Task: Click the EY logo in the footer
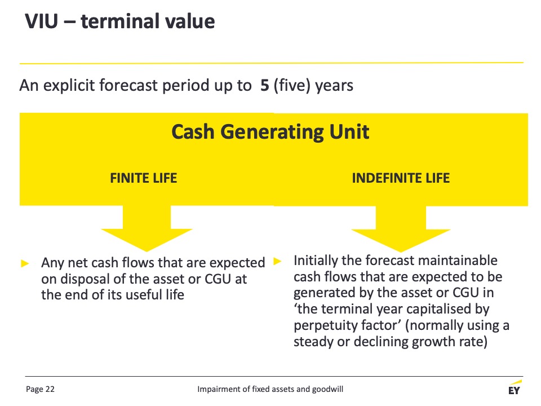515,387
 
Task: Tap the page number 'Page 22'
40,389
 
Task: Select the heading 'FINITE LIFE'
144,178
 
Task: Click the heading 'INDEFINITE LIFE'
401,178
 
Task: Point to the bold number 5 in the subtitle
265,85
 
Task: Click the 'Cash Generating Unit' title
270,132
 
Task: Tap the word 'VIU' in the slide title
41,21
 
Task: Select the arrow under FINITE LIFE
147,228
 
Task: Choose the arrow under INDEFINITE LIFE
401,228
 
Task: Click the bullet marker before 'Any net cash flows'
25,264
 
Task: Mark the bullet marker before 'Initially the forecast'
277,261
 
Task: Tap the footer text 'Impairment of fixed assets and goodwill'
270,389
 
